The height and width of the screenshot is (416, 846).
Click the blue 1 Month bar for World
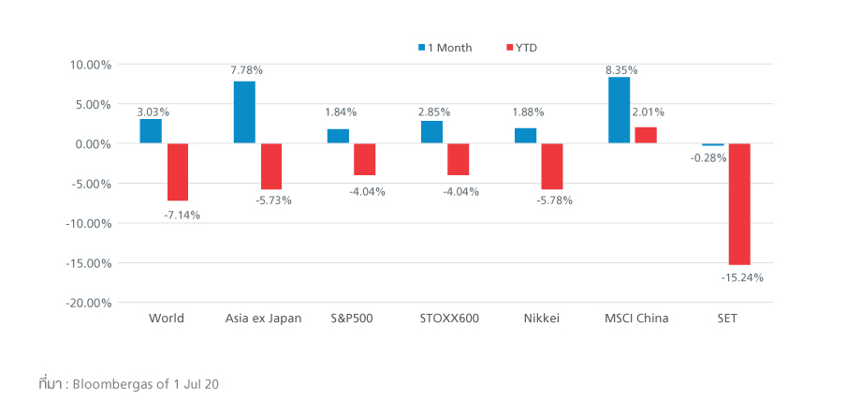point(151,131)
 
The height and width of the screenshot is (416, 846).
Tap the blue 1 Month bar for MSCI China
point(619,110)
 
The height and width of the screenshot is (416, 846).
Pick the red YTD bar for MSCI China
point(646,135)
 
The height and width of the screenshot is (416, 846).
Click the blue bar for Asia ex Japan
point(244,112)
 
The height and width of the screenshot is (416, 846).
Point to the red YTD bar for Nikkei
point(552,167)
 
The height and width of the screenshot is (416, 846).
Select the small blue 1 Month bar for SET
point(713,145)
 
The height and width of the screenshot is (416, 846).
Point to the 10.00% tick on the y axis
point(91,65)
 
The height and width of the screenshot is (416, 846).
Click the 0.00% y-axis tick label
point(93,144)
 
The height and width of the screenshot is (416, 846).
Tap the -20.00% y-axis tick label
point(89,303)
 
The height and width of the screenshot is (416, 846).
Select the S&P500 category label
point(352,319)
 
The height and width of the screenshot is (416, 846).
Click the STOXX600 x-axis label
point(449,319)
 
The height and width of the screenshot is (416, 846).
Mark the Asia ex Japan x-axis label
point(264,319)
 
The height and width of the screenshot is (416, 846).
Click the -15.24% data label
point(741,278)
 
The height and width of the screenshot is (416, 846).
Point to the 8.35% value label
point(621,70)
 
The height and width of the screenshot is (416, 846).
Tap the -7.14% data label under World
point(182,215)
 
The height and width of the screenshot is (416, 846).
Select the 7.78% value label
point(247,70)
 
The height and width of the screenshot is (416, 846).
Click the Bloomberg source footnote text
point(128,384)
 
